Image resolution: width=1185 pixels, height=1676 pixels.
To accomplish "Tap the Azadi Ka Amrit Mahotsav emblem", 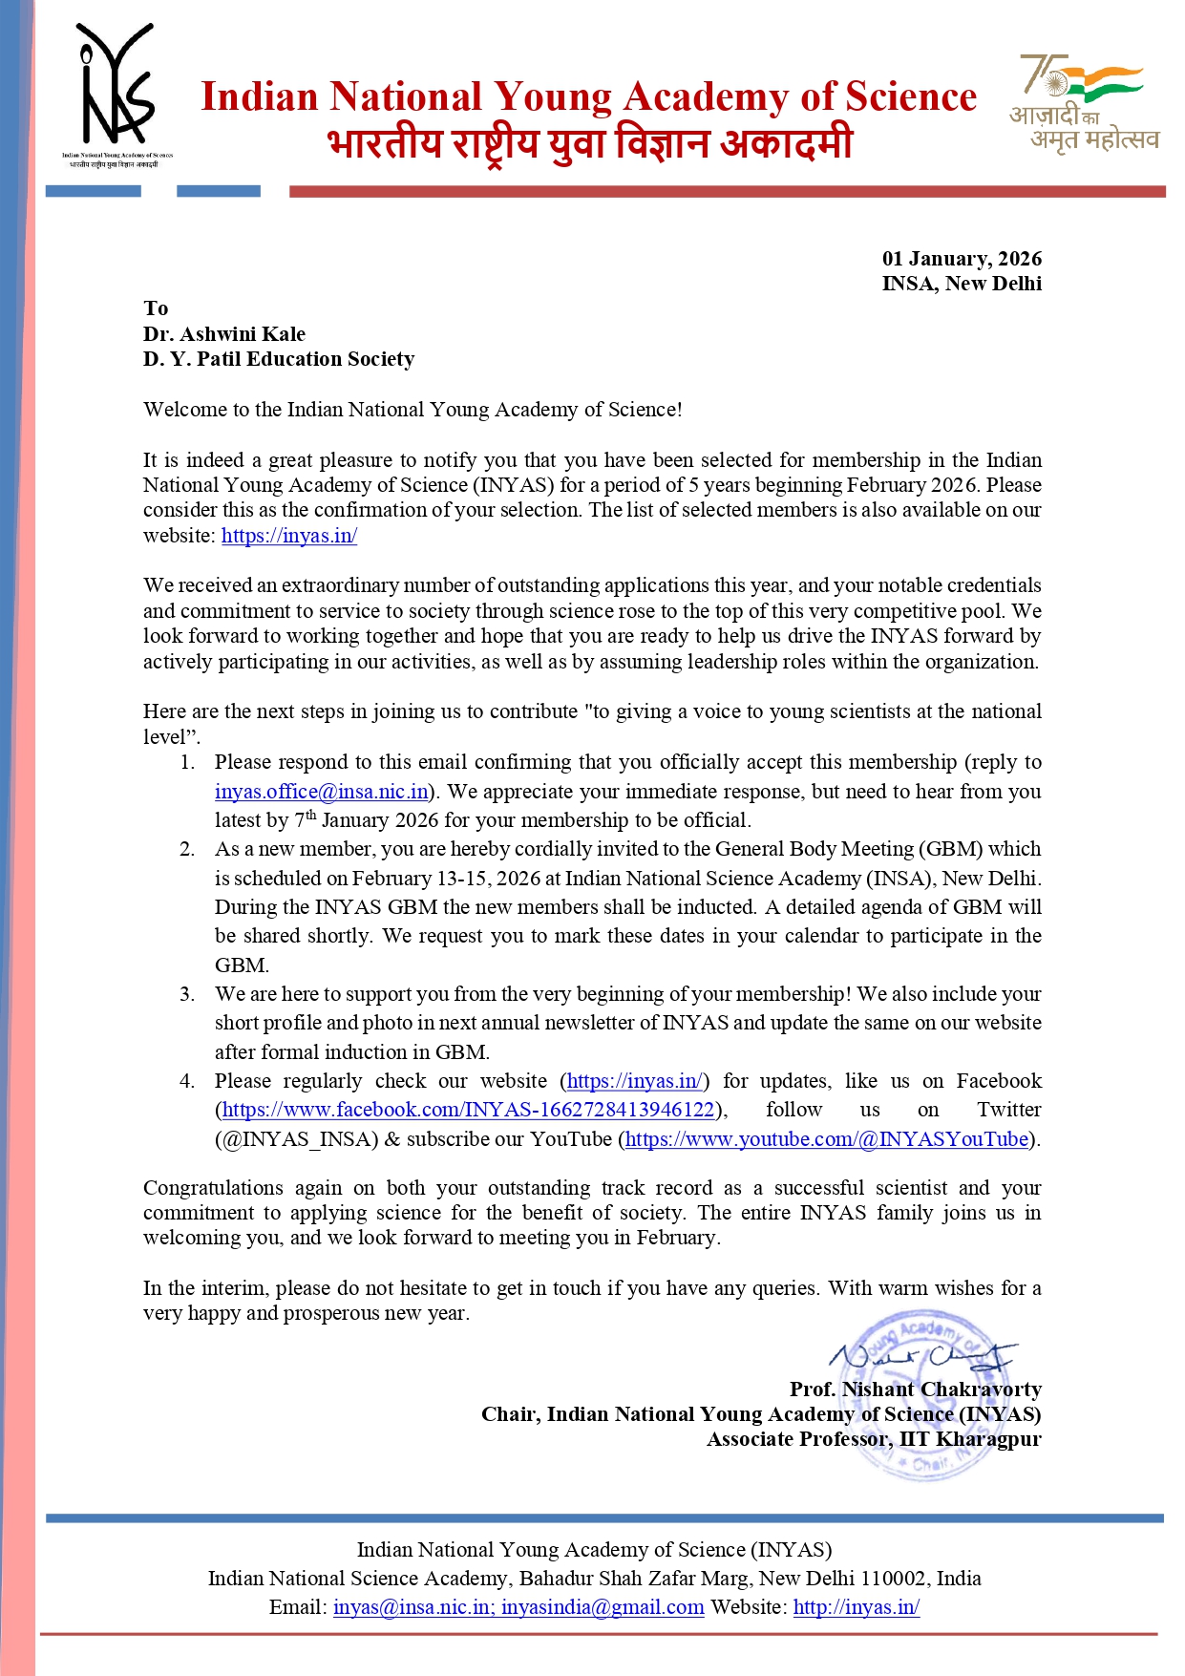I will (x=1083, y=103).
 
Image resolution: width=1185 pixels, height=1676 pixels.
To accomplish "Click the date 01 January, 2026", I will (x=961, y=259).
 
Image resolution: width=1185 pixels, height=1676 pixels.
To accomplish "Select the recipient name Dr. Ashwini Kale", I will (x=224, y=334).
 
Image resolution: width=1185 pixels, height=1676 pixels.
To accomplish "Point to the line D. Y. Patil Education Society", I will (x=279, y=359).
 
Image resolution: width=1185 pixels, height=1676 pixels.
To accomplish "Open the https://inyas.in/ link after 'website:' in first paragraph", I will (x=289, y=536).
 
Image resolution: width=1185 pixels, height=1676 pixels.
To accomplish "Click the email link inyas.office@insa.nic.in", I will (x=321, y=792).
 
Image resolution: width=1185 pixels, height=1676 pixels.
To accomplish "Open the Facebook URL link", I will (x=468, y=1110).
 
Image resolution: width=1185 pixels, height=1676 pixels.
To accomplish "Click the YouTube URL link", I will (x=827, y=1139).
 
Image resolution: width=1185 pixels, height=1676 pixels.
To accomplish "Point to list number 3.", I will (x=187, y=994).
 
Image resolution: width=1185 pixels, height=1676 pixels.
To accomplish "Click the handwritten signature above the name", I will (x=920, y=1355).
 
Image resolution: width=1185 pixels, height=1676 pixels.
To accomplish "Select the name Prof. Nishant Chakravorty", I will (x=915, y=1390).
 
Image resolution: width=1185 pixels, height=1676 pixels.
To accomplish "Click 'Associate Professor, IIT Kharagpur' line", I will (x=874, y=1439).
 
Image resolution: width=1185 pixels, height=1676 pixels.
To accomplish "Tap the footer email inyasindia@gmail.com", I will (x=603, y=1607).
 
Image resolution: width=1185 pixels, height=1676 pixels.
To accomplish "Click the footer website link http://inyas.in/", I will (x=856, y=1607).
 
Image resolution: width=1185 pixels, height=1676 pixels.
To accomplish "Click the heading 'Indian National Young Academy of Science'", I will (x=588, y=97).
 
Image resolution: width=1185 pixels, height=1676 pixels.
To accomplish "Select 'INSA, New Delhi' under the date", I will (x=961, y=284).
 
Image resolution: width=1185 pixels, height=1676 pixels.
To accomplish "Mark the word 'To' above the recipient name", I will (x=156, y=308).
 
